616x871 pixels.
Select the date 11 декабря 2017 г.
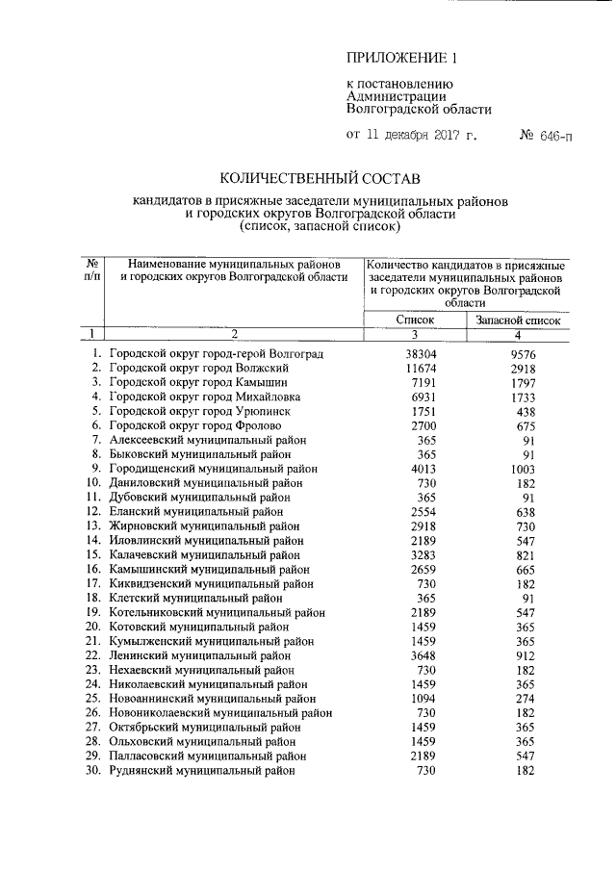(x=423, y=136)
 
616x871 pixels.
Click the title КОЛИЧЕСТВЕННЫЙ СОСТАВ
(x=321, y=178)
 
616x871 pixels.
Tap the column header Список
(x=415, y=319)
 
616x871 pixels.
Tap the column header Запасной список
(x=517, y=319)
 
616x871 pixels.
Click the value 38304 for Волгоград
(x=420, y=354)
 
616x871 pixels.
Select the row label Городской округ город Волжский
(x=199, y=369)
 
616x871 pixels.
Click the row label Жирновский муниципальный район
(x=204, y=526)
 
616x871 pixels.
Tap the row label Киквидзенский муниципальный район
(x=211, y=583)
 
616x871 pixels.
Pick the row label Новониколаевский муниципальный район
(x=220, y=713)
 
